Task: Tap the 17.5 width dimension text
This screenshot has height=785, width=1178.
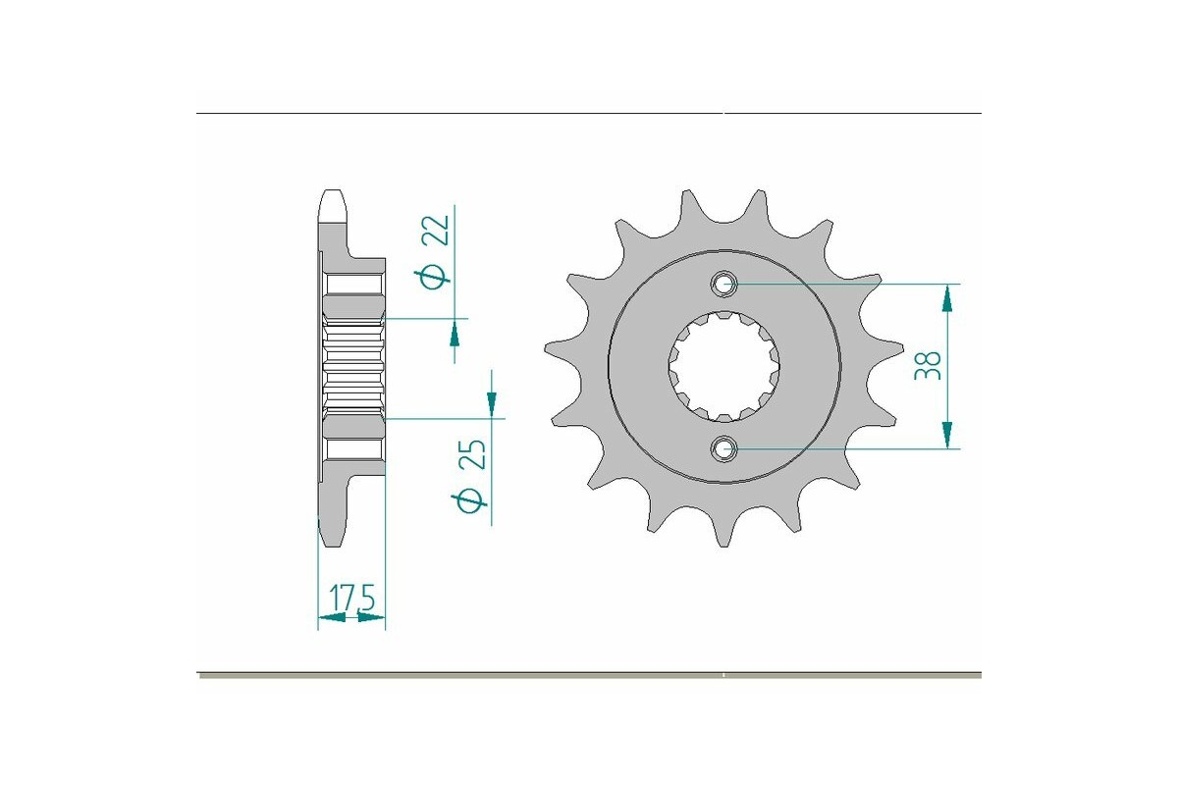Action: (354, 598)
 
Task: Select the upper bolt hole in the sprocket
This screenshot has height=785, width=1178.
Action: (724, 285)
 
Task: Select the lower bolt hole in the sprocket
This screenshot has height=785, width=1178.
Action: (724, 449)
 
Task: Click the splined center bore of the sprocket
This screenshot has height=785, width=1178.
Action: (724, 366)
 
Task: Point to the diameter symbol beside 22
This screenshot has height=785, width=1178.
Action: (434, 277)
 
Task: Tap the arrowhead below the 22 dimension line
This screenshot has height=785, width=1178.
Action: (455, 335)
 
